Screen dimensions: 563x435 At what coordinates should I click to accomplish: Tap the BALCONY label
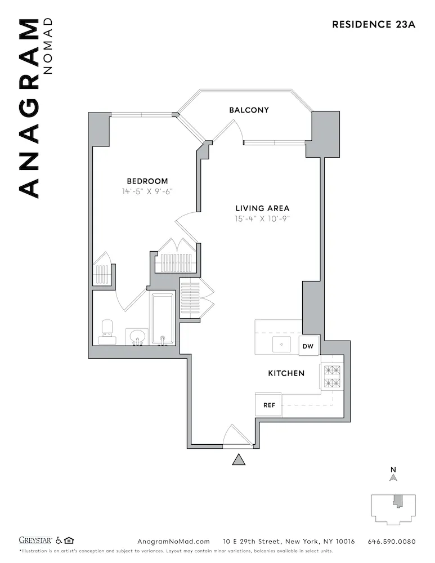[249, 110]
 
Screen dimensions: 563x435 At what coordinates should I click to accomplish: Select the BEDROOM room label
[147, 181]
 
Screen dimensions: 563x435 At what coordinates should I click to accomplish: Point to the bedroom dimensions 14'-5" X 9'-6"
[147, 191]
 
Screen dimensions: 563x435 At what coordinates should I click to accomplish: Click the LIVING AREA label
[262, 208]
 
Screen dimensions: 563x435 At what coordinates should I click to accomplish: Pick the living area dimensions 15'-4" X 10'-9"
[262, 218]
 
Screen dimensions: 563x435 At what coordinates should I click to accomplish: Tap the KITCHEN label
[286, 373]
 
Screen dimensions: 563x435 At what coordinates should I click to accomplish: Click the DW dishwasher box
[308, 346]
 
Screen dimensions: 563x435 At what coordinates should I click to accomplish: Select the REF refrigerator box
[268, 405]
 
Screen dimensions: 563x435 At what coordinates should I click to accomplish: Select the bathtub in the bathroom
[163, 319]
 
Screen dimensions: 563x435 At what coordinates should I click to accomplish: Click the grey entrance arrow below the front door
[239, 460]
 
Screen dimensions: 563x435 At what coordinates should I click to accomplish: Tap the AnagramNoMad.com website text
[173, 542]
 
